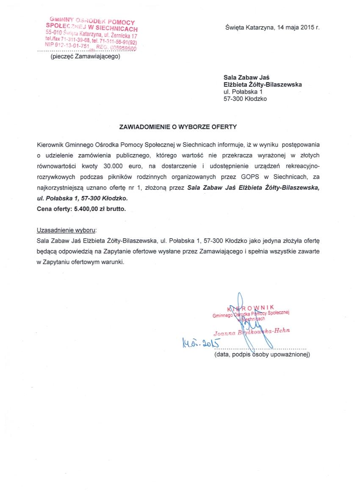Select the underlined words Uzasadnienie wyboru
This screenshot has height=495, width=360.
pyautogui.click(x=66, y=230)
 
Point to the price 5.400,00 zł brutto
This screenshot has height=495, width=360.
pyautogui.click(x=100, y=208)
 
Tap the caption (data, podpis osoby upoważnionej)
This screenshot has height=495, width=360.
pyautogui.click(x=262, y=354)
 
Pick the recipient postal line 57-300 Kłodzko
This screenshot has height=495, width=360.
pyautogui.click(x=246, y=99)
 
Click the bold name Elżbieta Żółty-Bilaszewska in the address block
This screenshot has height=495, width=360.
pyautogui.click(x=263, y=84)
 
